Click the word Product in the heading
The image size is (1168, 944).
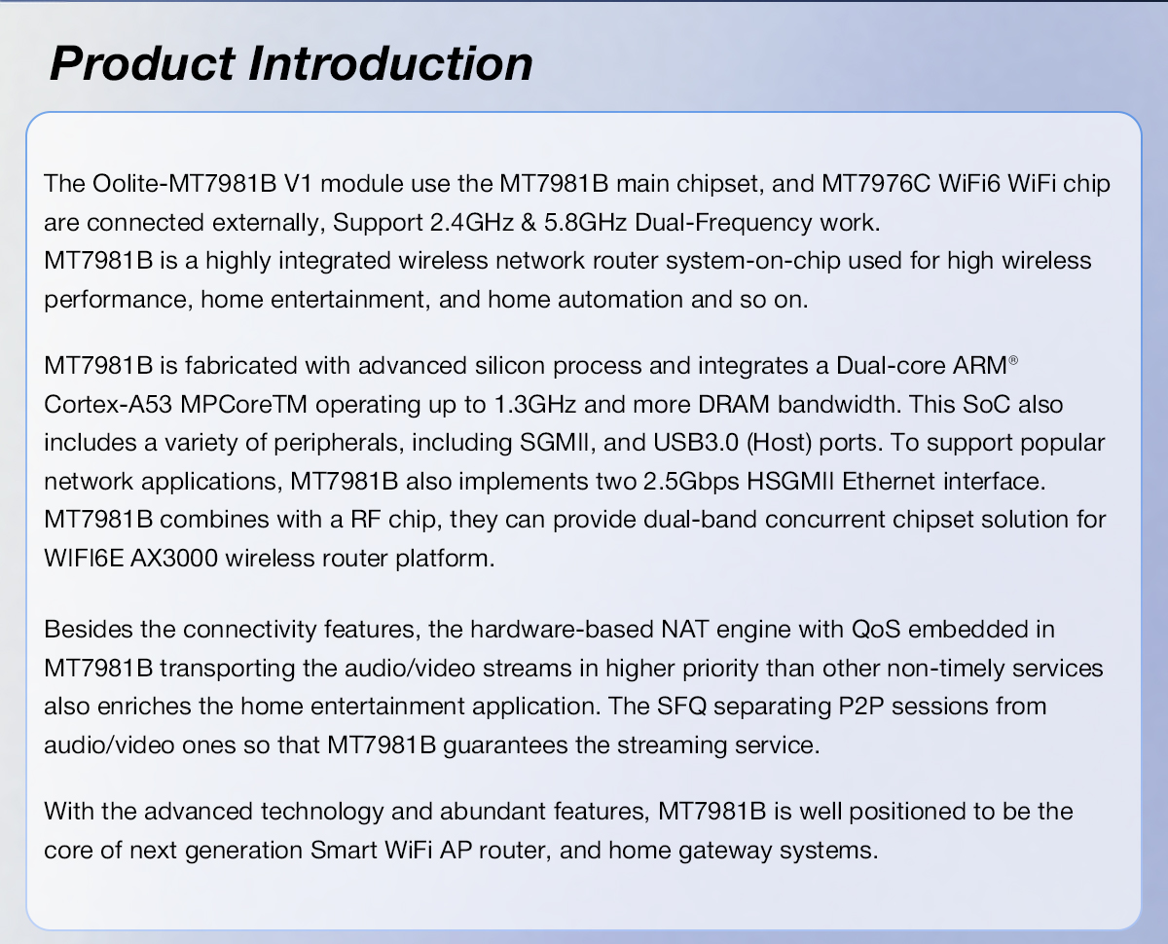142,63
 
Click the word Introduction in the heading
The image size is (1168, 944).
390,63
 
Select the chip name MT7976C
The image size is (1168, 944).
876,183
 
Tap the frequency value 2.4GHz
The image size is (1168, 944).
472,222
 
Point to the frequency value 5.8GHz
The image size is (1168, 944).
586,222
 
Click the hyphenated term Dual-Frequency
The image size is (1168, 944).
723,223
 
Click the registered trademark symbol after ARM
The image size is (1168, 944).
1013,360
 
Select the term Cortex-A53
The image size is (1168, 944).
108,404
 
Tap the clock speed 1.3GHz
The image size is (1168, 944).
535,404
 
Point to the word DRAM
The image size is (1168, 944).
734,404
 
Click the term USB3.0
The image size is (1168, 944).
696,443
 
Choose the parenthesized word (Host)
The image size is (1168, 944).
779,443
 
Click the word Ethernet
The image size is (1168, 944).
889,481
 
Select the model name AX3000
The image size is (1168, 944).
174,558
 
